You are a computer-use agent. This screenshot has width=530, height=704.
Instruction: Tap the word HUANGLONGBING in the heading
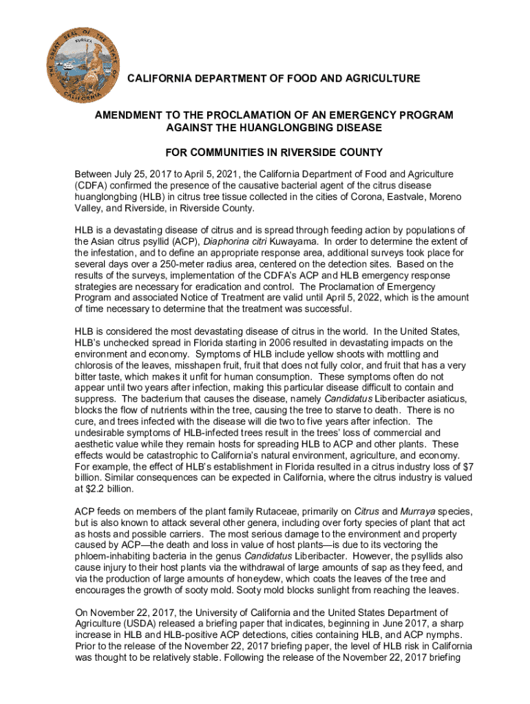(288, 128)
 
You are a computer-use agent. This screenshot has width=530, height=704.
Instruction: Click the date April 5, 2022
(359, 297)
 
